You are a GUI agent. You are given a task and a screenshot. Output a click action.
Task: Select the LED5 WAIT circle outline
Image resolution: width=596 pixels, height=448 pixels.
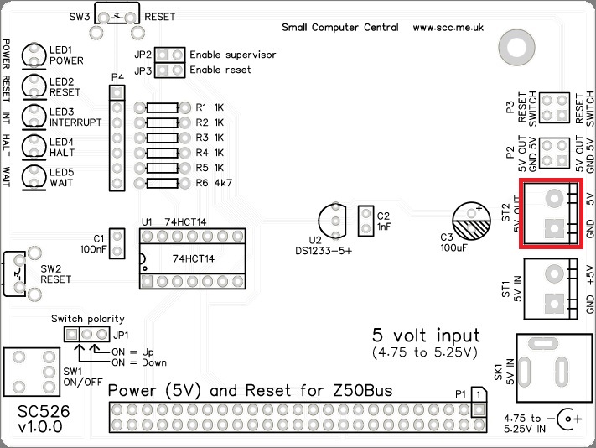[x=34, y=177]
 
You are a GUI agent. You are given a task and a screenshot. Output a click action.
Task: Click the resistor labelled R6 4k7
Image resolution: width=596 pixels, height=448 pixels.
[x=161, y=183]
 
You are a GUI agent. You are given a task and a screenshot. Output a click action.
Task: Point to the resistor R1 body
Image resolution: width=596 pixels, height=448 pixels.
[x=161, y=108]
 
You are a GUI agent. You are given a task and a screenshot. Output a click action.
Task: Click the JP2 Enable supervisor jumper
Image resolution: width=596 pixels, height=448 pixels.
[x=171, y=55]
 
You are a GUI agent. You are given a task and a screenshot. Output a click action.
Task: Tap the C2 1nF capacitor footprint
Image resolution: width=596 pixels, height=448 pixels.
[x=365, y=221]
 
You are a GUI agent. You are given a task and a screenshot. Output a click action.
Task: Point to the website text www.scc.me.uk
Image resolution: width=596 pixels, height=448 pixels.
[x=448, y=28]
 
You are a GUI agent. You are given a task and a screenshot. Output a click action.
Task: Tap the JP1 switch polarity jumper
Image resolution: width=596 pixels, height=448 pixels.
[x=86, y=335]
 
